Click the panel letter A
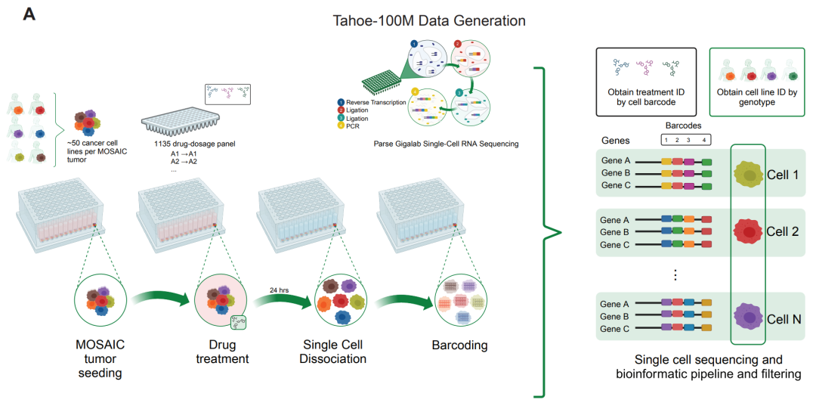pyautogui.click(x=30, y=14)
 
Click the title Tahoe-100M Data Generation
pyautogui.click(x=429, y=20)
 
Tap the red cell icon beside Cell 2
pyautogui.click(x=748, y=232)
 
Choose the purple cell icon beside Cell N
pyautogui.click(x=748, y=317)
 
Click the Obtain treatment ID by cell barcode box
pyautogui.click(x=648, y=82)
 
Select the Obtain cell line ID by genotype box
pyautogui.click(x=757, y=82)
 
